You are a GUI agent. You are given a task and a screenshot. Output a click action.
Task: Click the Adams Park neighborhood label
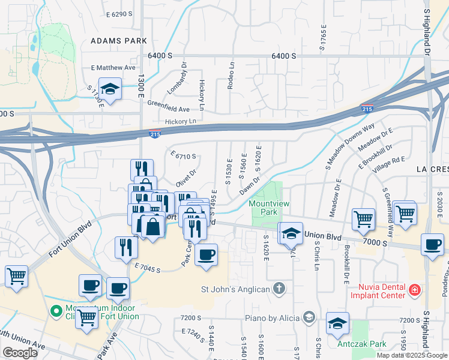tap(118, 41)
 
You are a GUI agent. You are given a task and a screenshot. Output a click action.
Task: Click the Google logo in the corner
tap(20, 353)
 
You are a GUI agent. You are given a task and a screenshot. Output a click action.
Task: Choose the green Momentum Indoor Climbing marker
tap(56, 311)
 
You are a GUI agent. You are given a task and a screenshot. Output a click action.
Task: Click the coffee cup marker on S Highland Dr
tap(432, 245)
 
